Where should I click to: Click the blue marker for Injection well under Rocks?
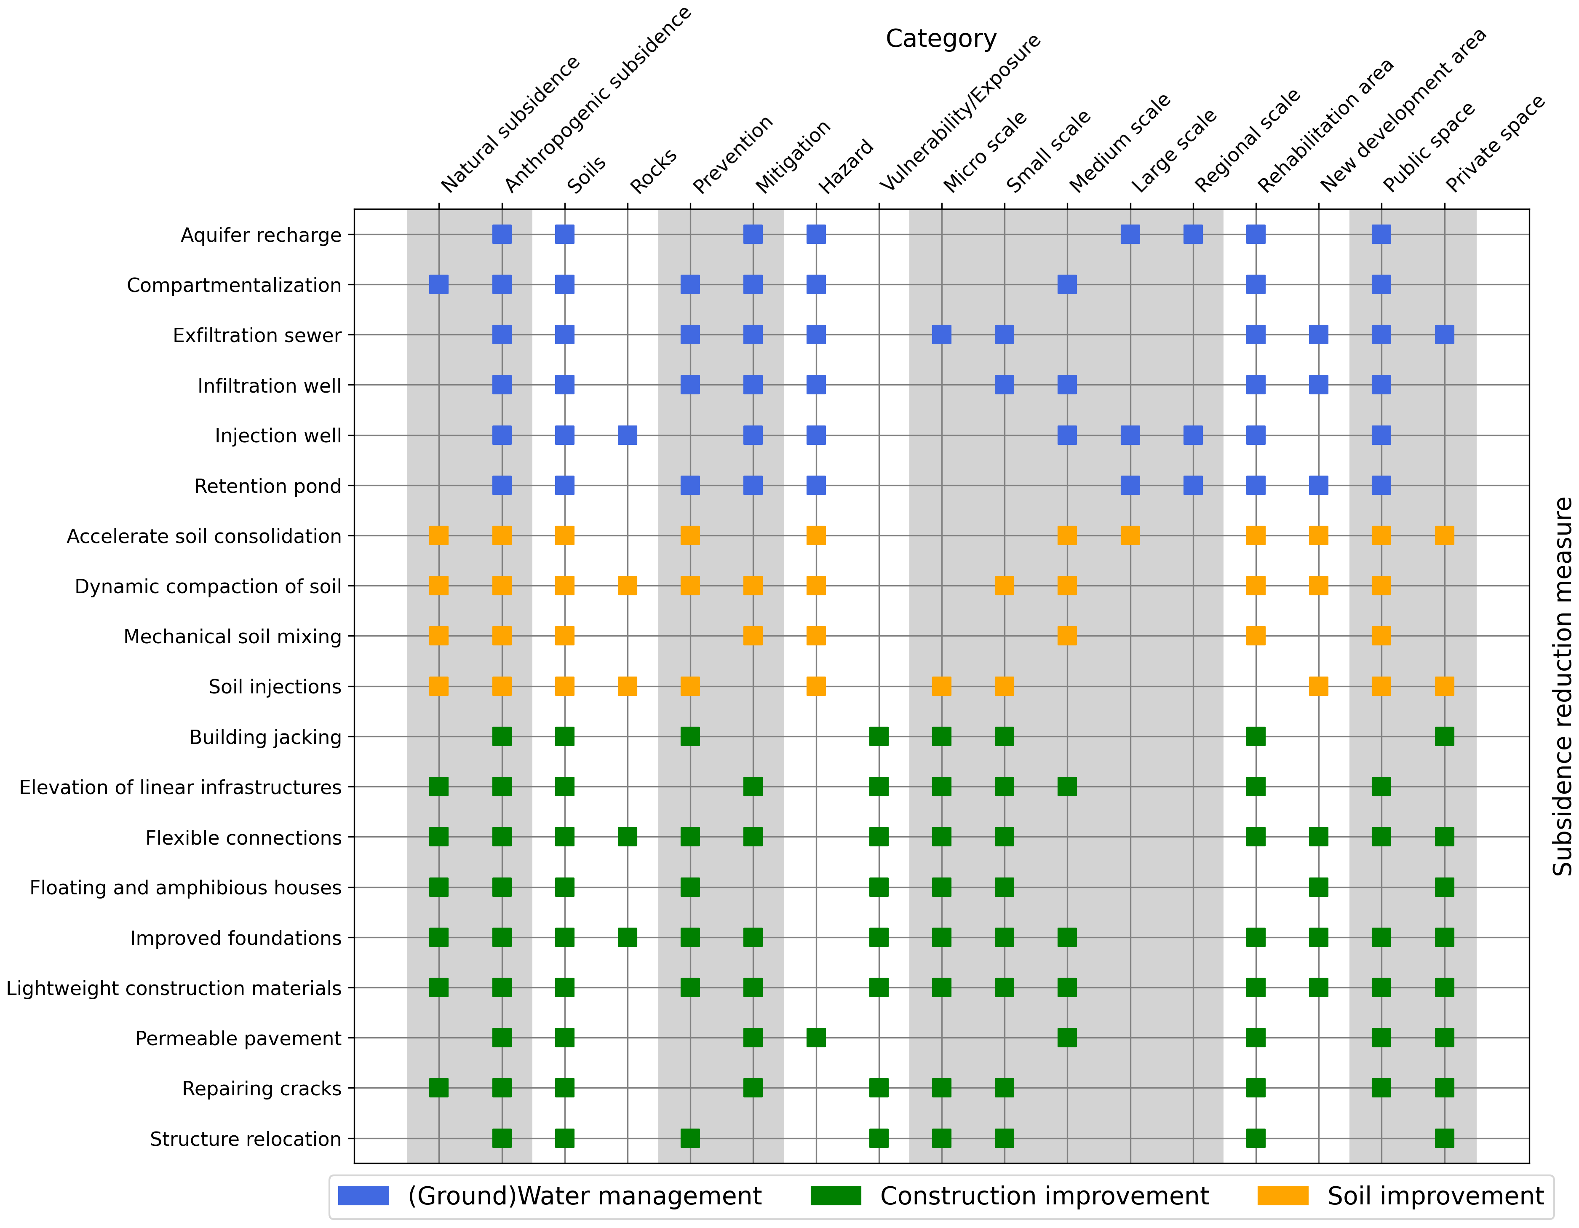628,435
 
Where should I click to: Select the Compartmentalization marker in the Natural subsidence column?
439,284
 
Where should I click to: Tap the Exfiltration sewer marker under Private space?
1445,335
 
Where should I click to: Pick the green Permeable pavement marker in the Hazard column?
816,1038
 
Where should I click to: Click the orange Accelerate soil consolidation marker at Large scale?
1130,536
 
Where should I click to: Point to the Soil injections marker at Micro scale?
941,686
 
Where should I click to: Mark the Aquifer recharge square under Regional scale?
1193,234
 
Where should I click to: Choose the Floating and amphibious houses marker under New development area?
1319,887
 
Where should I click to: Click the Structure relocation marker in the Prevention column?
690,1138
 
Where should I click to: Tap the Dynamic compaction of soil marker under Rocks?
628,586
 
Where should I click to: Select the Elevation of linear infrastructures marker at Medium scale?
1067,787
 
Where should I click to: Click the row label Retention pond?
267,486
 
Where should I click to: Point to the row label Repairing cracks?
262,1089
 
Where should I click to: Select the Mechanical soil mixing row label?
232,637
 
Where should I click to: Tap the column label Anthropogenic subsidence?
598,100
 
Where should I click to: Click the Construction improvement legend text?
1044,1196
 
